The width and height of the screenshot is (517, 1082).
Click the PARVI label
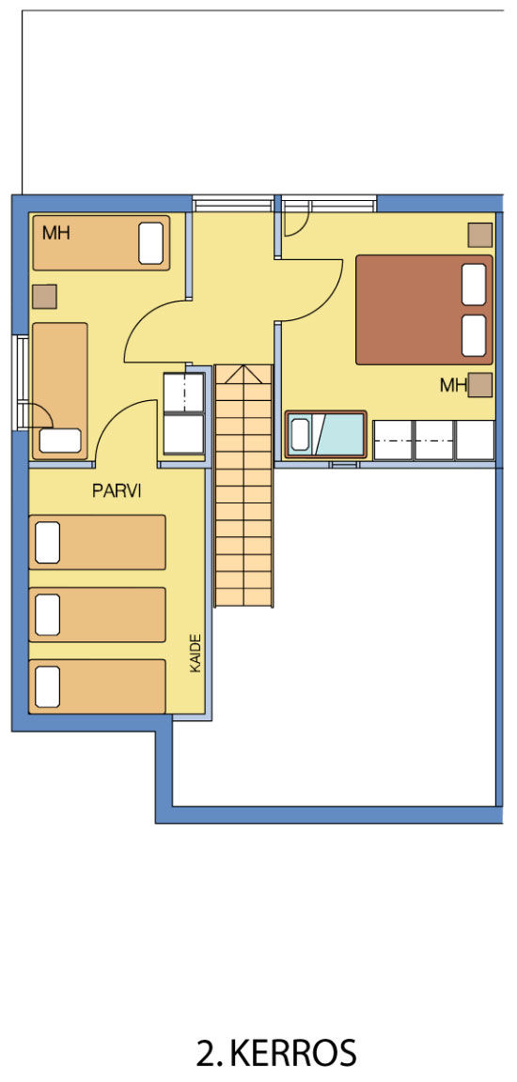(117, 491)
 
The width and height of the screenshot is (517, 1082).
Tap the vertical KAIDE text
(196, 653)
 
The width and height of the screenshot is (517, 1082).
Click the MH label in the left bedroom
(55, 233)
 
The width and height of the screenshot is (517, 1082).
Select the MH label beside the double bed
(453, 385)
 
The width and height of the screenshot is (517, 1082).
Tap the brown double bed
(425, 310)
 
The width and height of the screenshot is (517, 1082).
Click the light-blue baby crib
(326, 434)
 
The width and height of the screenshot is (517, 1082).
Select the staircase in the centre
(244, 486)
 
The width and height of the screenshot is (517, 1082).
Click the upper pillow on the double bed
(474, 284)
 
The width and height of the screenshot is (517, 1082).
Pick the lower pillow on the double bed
(474, 335)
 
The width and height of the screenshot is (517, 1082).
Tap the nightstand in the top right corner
(480, 235)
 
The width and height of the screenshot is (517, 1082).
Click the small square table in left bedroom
(44, 297)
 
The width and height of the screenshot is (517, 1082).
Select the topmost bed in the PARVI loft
(98, 542)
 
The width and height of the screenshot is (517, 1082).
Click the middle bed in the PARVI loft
(98, 614)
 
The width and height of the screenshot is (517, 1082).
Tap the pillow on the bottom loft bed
(47, 687)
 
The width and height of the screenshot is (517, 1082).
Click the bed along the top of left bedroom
(101, 243)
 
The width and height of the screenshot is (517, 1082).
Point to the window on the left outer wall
(20, 382)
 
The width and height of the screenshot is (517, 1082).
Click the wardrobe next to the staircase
(183, 414)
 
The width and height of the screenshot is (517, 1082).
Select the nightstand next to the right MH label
(480, 385)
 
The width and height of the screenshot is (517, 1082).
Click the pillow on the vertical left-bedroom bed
(60, 441)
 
